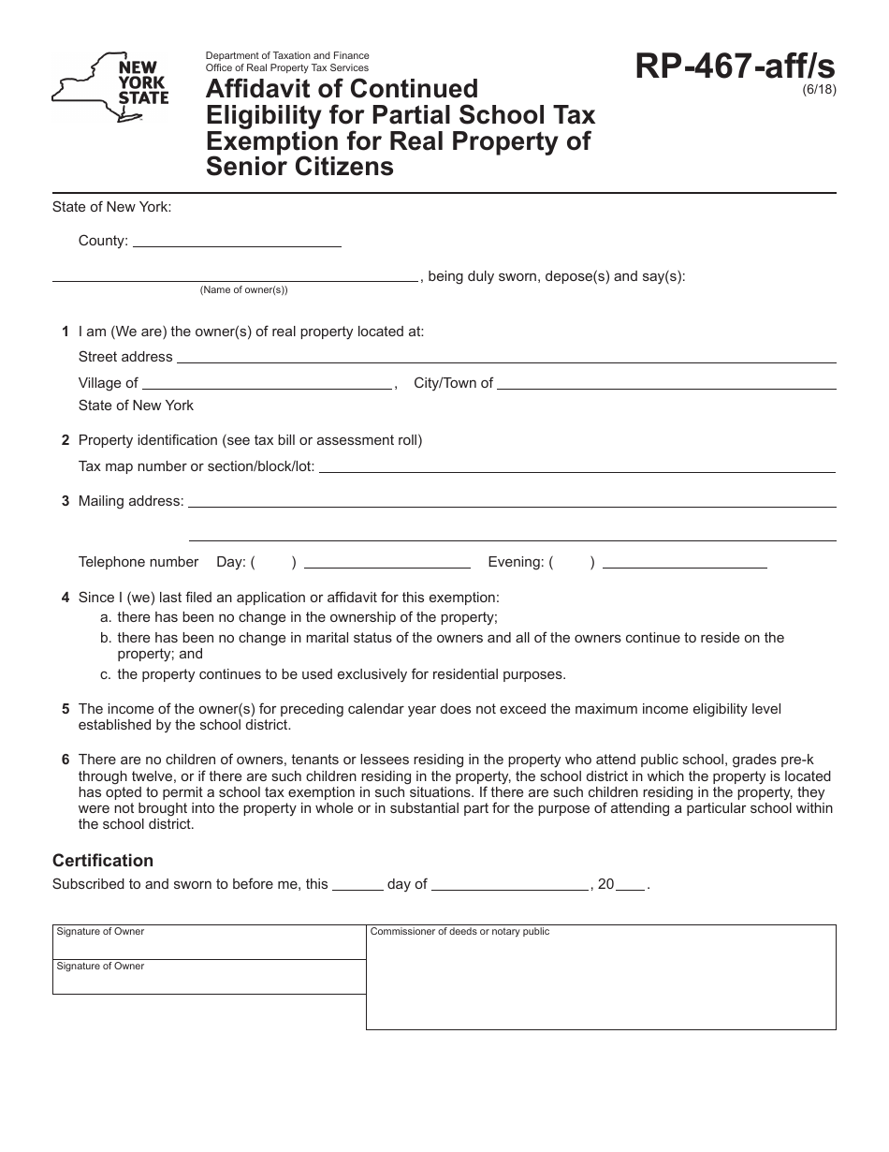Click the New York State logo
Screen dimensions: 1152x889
[110, 87]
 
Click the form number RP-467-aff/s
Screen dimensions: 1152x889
[735, 66]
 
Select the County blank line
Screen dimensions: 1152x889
[237, 243]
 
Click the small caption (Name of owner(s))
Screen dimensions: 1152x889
[243, 290]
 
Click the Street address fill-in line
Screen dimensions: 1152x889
[505, 359]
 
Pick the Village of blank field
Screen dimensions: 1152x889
[267, 384]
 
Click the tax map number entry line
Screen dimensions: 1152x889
[577, 468]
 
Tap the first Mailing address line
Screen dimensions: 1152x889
[512, 503]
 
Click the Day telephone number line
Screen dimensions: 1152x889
[386, 564]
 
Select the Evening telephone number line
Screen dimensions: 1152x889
[685, 564]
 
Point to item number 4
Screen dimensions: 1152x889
[66, 598]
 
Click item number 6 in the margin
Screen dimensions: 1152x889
[66, 760]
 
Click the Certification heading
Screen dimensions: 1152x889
[103, 860]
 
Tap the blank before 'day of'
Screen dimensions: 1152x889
[357, 885]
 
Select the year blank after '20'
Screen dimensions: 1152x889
[631, 885]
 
